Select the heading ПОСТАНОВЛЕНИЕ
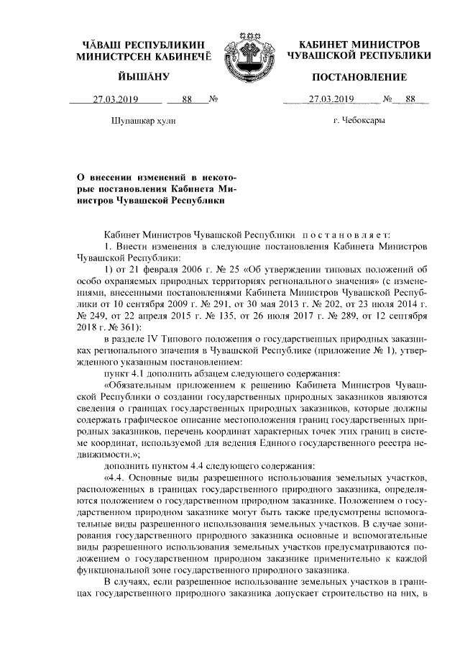point(359,77)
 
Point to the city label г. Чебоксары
point(359,120)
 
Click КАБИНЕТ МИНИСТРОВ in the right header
point(359,44)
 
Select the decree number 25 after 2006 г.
point(203,269)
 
